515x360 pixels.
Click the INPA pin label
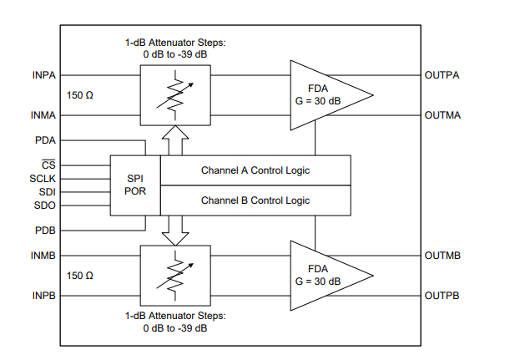click(43, 74)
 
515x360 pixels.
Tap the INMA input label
click(43, 114)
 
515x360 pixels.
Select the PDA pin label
click(45, 141)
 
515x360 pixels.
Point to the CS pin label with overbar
click(48, 165)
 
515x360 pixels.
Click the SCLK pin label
click(43, 179)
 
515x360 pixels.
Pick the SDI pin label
click(48, 191)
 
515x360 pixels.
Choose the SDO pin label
click(46, 205)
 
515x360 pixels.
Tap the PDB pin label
click(45, 230)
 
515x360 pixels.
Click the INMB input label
click(43, 256)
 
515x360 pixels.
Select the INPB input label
click(43, 296)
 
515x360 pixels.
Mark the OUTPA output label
click(442, 74)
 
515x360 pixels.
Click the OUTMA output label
click(442, 114)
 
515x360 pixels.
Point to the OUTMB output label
click(442, 256)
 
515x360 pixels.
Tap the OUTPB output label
click(442, 296)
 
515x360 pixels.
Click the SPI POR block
click(135, 185)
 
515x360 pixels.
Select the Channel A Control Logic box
click(255, 170)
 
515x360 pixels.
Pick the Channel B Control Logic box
click(255, 200)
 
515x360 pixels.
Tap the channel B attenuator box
click(175, 275)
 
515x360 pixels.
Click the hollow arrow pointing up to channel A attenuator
click(175, 139)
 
